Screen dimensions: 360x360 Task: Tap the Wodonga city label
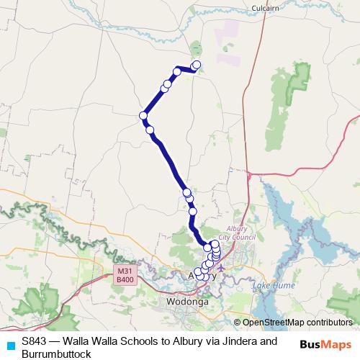(186, 302)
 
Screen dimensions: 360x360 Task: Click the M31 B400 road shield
(125, 274)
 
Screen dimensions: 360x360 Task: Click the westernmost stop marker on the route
(143, 115)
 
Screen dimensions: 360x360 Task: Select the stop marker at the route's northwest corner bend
(176, 71)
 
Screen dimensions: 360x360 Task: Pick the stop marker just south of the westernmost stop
(150, 130)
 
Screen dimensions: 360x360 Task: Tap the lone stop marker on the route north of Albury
(192, 211)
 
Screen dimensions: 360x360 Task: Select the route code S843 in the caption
(35, 341)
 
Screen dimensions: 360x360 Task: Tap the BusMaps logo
(325, 344)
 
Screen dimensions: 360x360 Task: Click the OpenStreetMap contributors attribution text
(297, 322)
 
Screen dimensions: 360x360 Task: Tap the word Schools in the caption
(132, 341)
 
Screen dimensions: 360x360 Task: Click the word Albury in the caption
(179, 341)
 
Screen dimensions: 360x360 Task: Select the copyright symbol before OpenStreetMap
(237, 322)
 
